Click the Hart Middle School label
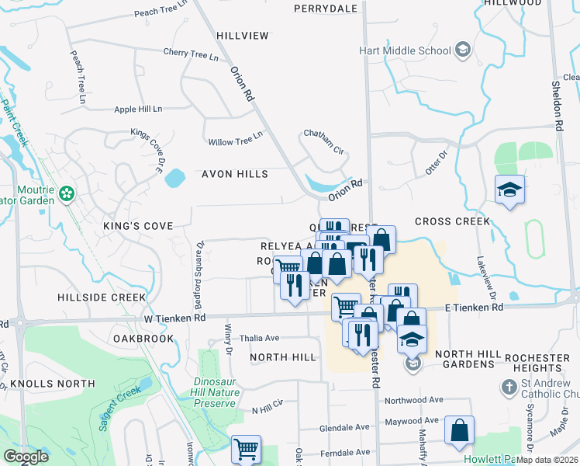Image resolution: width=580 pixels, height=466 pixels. [x=405, y=51]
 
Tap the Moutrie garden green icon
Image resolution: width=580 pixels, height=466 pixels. [x=67, y=191]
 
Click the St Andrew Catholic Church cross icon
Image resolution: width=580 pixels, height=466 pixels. [x=508, y=386]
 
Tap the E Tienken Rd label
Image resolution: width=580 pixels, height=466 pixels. [x=475, y=308]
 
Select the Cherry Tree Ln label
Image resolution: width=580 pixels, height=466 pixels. [x=191, y=54]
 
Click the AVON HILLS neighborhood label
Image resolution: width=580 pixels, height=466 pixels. [x=234, y=174]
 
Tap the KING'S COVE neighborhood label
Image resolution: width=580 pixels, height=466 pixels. [x=136, y=226]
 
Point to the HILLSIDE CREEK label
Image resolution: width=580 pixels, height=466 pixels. [x=102, y=297]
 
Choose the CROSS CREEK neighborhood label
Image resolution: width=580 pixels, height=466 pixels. [x=452, y=221]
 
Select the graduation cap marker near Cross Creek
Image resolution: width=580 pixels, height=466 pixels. [x=510, y=190]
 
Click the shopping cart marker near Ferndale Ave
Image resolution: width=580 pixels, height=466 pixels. [x=247, y=449]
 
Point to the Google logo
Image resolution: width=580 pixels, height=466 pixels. [x=26, y=457]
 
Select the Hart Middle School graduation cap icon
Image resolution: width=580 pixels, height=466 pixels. [x=462, y=50]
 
